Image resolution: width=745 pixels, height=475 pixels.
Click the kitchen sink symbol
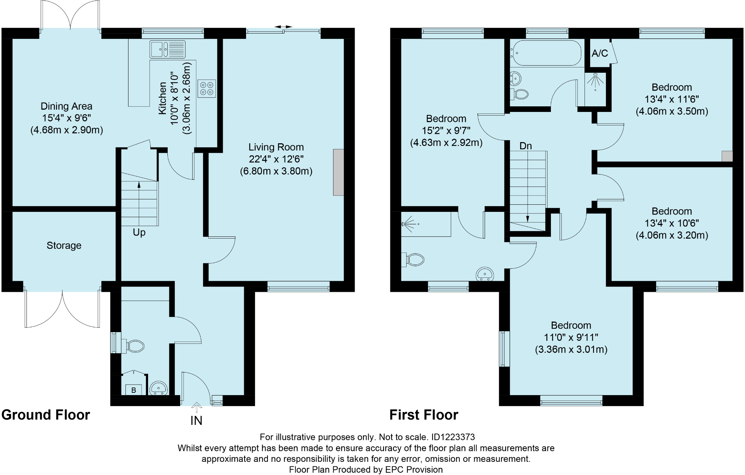tap(168, 49)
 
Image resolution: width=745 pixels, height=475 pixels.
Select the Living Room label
tap(276, 147)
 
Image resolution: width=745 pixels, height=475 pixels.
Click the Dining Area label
tap(66, 106)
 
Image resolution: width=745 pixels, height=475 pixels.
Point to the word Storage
tap(64, 245)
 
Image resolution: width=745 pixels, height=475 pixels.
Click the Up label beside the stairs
tap(139, 232)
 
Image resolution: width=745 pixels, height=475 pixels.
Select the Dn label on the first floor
tap(526, 146)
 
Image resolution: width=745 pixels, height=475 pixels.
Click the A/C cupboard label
tap(600, 54)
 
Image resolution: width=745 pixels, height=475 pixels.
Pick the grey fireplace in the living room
tap(338, 172)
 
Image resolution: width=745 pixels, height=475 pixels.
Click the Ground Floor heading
tap(46, 415)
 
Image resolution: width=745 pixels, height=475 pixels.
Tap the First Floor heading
tap(424, 415)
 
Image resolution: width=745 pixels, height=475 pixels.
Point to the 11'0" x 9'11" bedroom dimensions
tap(571, 337)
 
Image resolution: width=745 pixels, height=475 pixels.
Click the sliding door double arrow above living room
tap(283, 27)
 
